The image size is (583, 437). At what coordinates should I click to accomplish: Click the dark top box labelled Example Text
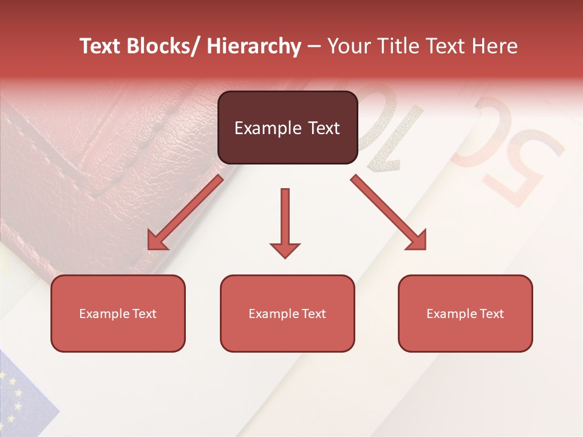pos(287,127)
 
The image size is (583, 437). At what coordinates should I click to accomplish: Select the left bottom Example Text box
pos(118,313)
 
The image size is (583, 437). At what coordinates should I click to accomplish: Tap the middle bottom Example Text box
pos(287,313)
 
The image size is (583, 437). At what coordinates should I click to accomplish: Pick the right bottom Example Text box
pos(465,313)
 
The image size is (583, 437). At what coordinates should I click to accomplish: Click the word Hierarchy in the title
pos(254,47)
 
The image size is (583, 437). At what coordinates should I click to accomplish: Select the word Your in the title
pos(349,47)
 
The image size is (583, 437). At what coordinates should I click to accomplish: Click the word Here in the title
pos(495,47)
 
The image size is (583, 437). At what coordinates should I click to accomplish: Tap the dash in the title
pos(314,47)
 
